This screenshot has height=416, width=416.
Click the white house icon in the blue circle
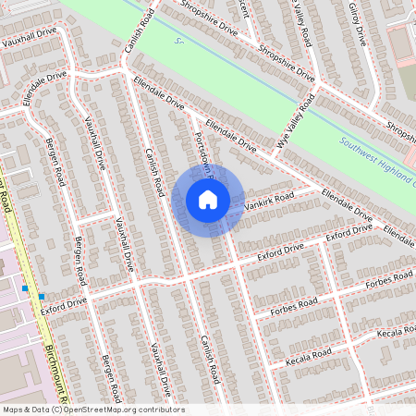(x=208, y=199)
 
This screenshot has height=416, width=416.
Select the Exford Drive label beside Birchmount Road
(x=63, y=302)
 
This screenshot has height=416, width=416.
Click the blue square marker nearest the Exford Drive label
(x=41, y=296)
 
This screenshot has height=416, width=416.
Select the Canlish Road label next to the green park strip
(x=136, y=32)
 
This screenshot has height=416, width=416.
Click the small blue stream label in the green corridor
(x=179, y=42)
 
